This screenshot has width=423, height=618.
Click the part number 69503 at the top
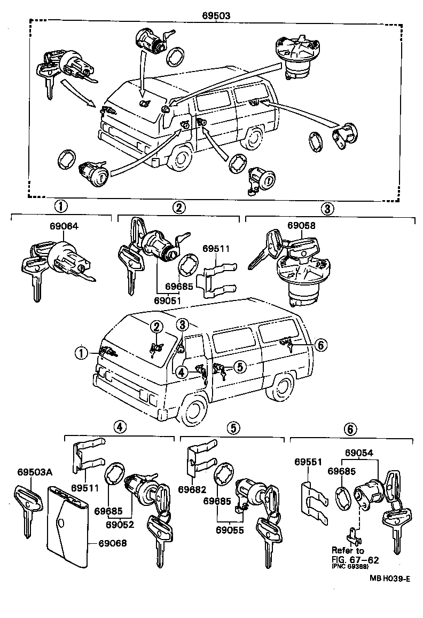[x=216, y=16]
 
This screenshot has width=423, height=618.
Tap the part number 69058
[x=301, y=226]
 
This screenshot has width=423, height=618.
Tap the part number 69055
[x=230, y=530]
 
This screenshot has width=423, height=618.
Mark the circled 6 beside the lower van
[x=320, y=345]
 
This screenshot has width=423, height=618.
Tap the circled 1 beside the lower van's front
[x=81, y=352]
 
